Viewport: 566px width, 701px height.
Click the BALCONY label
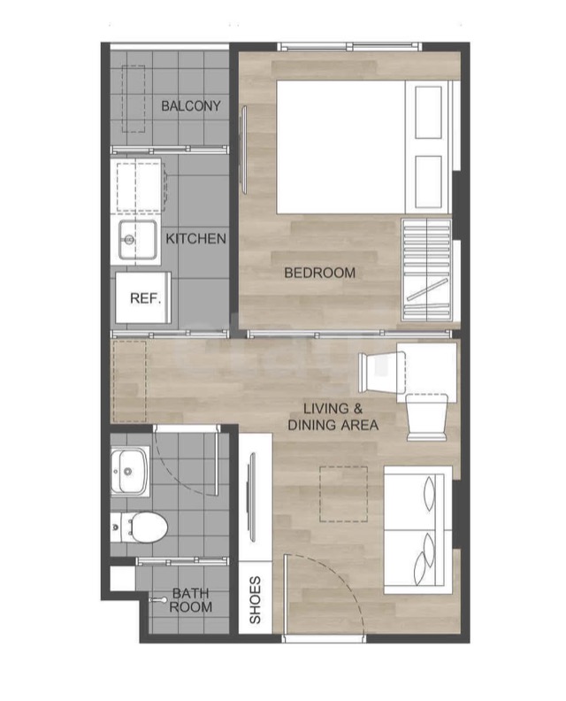click(x=191, y=106)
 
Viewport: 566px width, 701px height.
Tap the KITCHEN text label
click(x=195, y=239)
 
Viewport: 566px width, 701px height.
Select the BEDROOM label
click(x=320, y=273)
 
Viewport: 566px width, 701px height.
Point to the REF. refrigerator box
click(x=143, y=297)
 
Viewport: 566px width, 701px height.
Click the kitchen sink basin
click(x=138, y=240)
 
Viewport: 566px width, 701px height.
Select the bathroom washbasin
click(x=129, y=472)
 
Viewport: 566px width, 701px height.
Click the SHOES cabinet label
click(x=255, y=600)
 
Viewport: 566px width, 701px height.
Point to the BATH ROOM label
click(x=190, y=600)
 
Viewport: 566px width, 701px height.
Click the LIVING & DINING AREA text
click(x=333, y=417)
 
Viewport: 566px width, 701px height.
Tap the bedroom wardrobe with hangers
click(x=426, y=270)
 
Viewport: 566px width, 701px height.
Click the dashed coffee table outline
click(x=343, y=494)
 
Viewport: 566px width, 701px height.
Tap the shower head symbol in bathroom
click(x=157, y=599)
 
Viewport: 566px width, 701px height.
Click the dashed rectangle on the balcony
click(x=134, y=99)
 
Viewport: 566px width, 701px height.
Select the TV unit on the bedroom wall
click(x=244, y=150)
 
